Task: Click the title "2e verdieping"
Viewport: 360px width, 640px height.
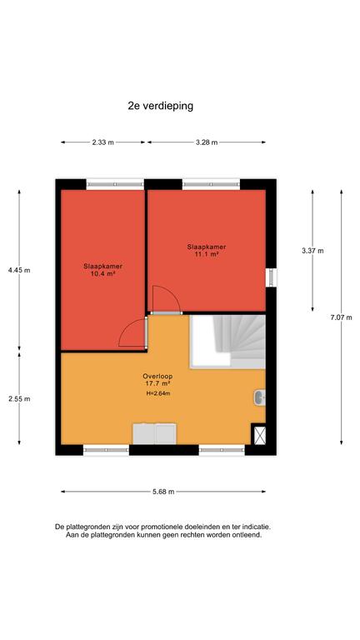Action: point(160,106)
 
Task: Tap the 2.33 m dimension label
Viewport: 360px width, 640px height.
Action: point(102,142)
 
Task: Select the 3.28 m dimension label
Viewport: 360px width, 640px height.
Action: point(207,142)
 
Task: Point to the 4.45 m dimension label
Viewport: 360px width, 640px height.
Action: point(19,270)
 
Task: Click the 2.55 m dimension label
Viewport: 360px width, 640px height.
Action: point(19,399)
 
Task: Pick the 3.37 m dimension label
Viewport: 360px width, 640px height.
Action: point(312,251)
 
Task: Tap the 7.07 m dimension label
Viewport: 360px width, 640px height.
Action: point(341,317)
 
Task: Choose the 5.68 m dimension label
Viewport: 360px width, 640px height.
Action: point(163,492)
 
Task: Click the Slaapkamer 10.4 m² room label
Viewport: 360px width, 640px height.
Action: point(102,270)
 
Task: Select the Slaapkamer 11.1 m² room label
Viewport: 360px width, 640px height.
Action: point(207,250)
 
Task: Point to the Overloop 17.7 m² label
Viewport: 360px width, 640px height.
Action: point(157,380)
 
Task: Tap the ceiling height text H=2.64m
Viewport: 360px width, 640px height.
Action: point(157,393)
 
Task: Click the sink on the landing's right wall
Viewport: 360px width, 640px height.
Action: point(260,397)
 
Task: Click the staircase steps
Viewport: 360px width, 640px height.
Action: point(239,337)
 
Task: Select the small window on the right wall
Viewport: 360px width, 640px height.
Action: point(271,277)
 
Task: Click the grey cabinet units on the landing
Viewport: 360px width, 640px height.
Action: point(155,434)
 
